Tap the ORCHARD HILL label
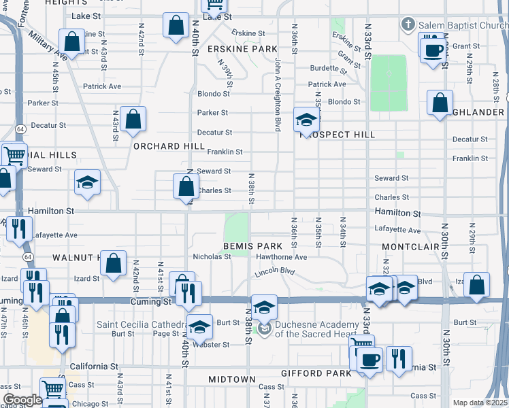[x=169, y=146]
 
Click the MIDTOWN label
[x=231, y=379]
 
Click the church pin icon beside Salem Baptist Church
[x=408, y=25]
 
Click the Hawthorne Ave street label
[x=282, y=257]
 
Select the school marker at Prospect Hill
[x=306, y=120]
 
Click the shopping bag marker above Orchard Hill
[x=133, y=118]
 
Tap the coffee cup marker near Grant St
[x=433, y=50]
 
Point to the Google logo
[x=22, y=400]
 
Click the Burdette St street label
[x=324, y=68]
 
